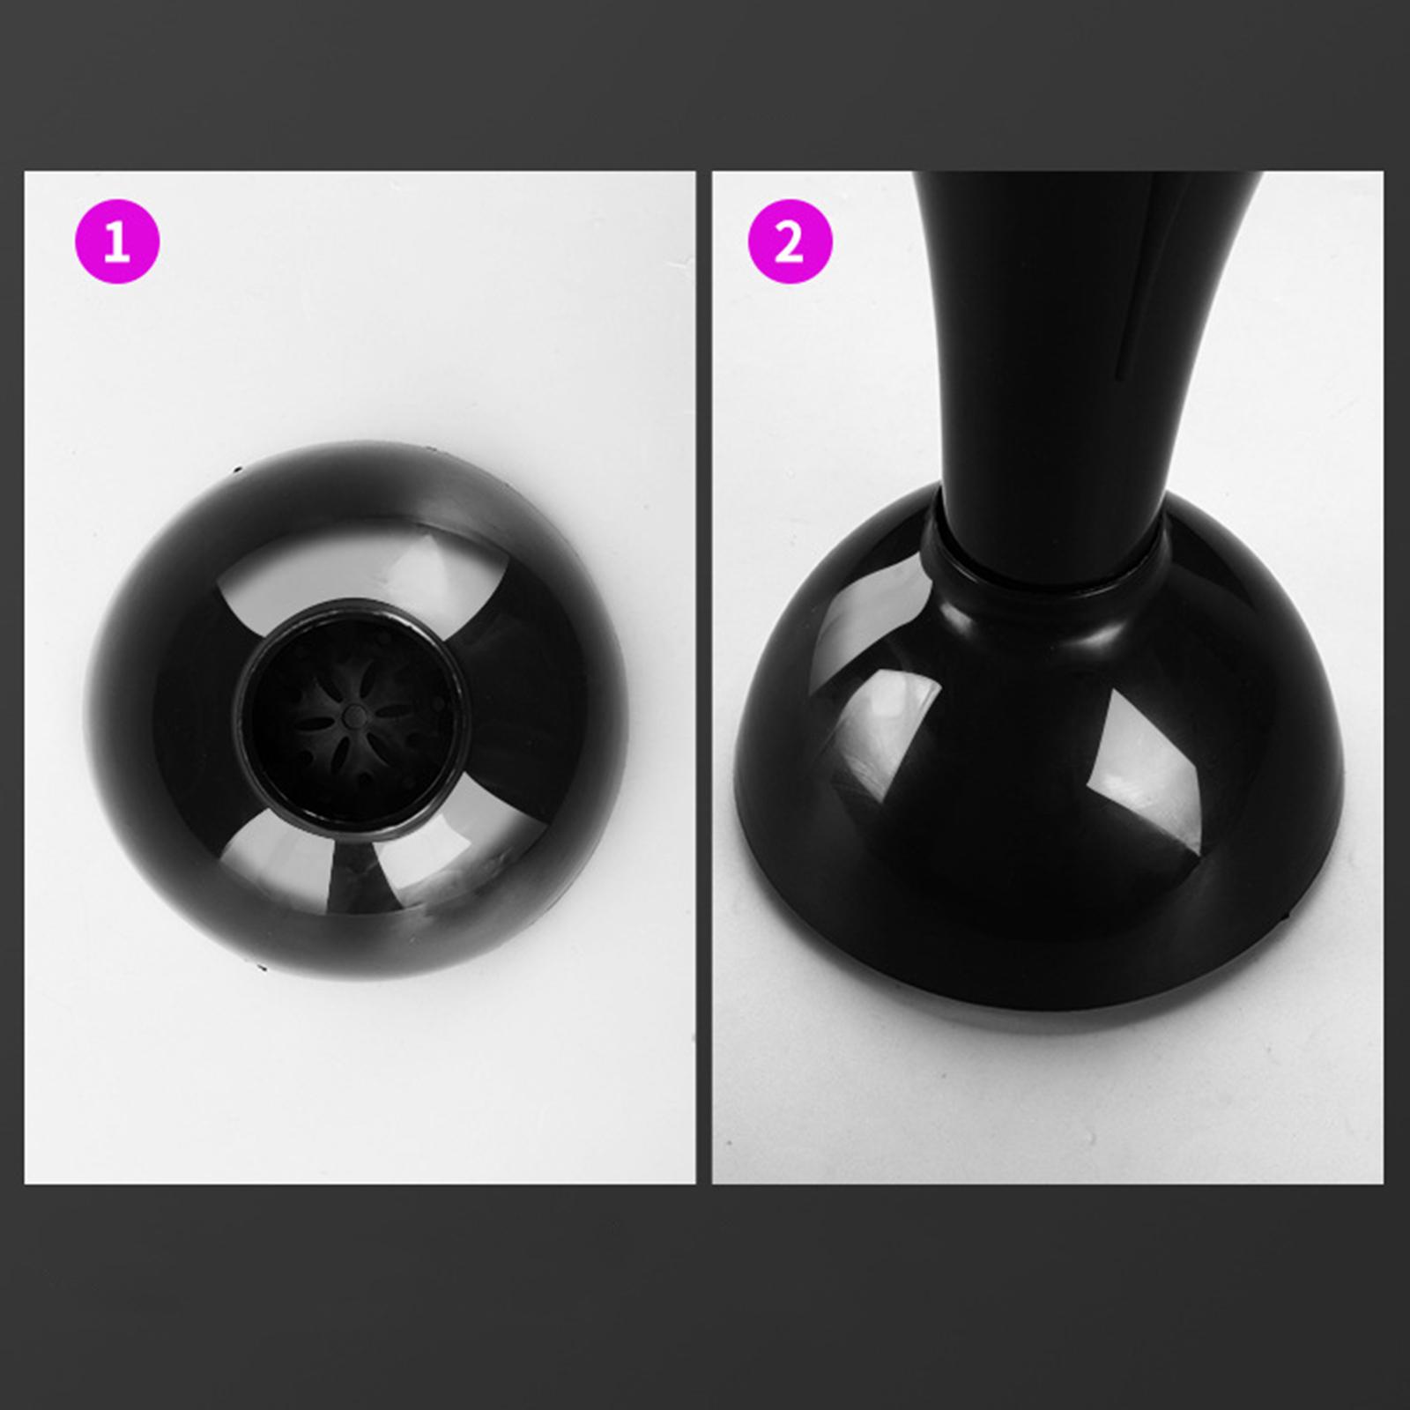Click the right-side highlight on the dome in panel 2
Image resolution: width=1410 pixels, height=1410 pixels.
(x=1146, y=775)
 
